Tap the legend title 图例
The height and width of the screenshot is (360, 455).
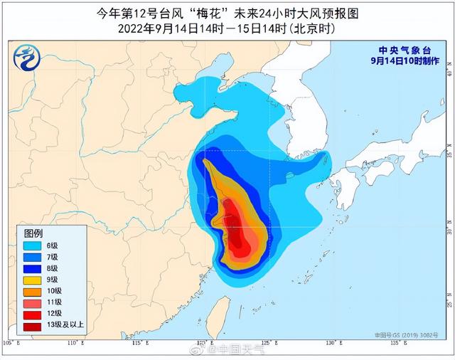(x=33, y=233)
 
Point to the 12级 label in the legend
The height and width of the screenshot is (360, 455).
(x=54, y=314)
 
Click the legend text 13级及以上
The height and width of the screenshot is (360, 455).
(x=64, y=326)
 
